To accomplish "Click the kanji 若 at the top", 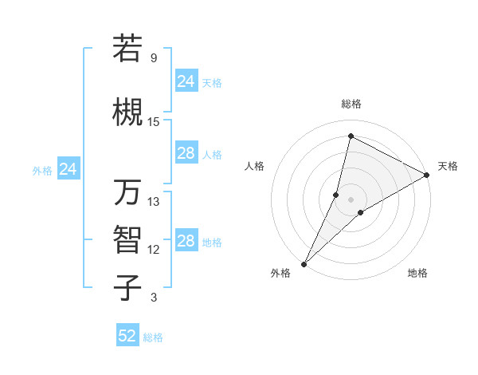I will click(x=128, y=49).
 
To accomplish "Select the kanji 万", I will click(x=128, y=193).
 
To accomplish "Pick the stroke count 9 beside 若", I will click(x=153, y=58).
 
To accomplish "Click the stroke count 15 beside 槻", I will click(x=154, y=121).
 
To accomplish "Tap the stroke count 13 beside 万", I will click(x=154, y=202).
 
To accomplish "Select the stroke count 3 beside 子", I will click(x=153, y=298).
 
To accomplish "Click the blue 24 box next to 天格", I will click(x=186, y=81).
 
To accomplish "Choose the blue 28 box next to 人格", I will click(x=186, y=153).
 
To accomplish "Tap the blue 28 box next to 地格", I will click(x=186, y=241).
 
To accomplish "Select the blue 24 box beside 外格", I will click(x=69, y=169).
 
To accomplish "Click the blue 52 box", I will click(x=127, y=336).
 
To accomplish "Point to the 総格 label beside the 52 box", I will click(x=153, y=337).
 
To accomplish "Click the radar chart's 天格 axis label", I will click(x=448, y=166).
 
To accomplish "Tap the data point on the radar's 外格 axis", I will click(x=304, y=263).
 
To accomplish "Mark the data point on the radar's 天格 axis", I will click(x=427, y=176).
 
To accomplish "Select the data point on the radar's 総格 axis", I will click(x=350, y=135).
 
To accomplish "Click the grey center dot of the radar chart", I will click(x=351, y=199).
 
